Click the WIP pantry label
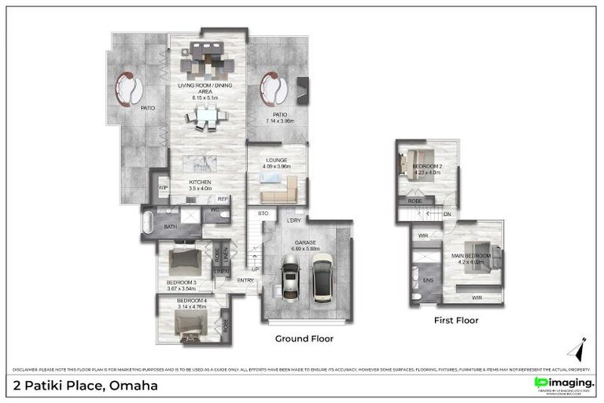coord(164,188)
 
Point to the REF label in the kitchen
coord(223,199)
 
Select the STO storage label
coord(263,213)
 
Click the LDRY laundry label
coord(294,220)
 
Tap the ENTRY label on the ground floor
coord(245,280)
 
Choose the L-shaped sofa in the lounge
coord(278,190)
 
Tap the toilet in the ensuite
coord(415,296)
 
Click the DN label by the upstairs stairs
coord(447,213)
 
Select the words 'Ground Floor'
coord(304,338)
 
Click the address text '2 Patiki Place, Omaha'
coord(86,386)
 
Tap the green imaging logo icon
coord(540,382)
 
